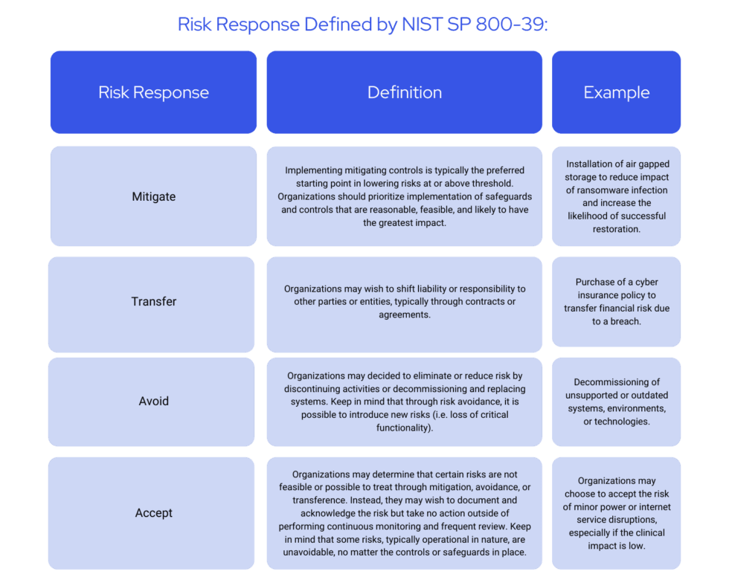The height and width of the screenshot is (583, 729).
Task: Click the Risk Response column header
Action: tap(153, 93)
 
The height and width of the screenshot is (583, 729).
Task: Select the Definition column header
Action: tap(404, 93)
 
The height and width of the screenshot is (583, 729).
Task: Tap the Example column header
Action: tap(616, 93)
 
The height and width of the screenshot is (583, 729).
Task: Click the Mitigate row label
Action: tap(153, 197)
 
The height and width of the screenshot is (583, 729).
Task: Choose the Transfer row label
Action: tap(153, 302)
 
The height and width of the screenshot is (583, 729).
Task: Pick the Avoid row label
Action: tap(153, 402)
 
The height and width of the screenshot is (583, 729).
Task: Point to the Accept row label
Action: tap(153, 513)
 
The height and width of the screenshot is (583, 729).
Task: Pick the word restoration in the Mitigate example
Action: tap(616, 229)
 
